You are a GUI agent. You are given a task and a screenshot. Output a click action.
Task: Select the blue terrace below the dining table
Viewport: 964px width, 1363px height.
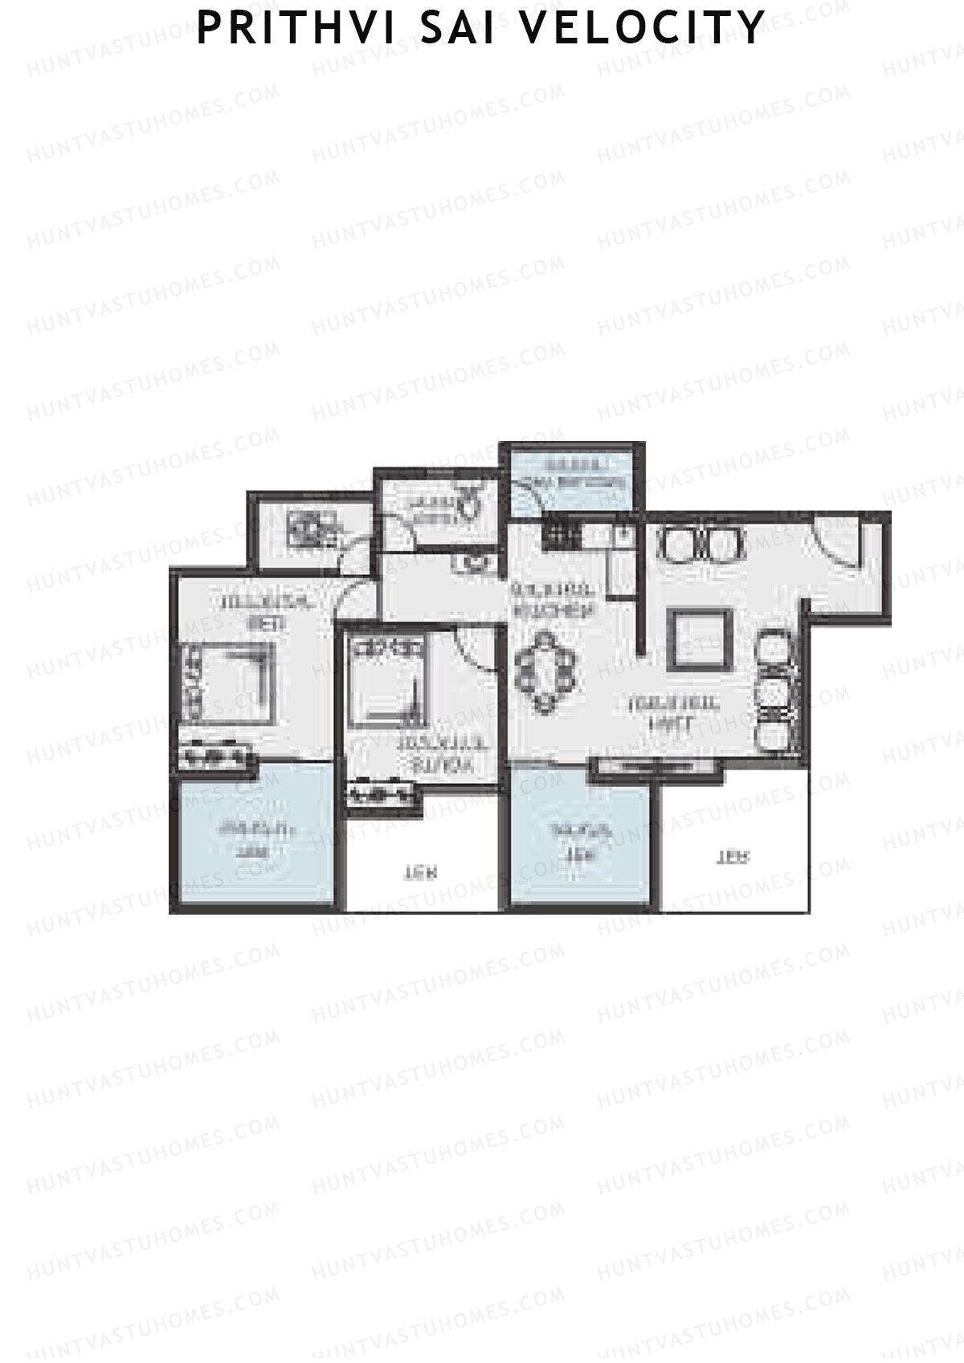580,841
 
